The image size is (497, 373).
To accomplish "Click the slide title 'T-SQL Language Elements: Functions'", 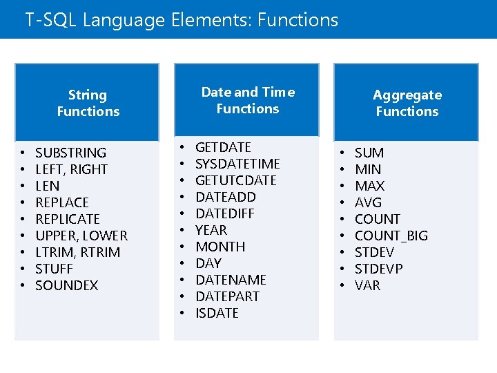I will click(x=182, y=20).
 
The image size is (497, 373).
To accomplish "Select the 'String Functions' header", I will click(x=88, y=103).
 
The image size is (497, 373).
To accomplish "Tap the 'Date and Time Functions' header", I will click(x=247, y=100).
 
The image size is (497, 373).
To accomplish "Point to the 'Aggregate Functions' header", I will click(x=407, y=103).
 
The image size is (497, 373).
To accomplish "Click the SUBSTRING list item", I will click(x=70, y=153).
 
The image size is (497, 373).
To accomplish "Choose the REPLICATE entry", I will click(x=67, y=219).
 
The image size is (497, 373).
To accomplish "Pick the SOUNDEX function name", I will click(x=66, y=285).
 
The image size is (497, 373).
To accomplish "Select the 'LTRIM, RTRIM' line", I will click(x=77, y=252).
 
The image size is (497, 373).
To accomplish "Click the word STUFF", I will click(x=54, y=269).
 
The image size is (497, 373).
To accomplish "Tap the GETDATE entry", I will click(x=223, y=147).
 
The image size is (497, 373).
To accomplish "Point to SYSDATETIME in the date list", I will click(x=237, y=164).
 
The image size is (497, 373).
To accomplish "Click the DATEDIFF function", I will click(x=224, y=213).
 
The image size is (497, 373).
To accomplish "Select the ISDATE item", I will click(x=217, y=313).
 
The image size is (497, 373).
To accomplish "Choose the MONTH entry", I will click(x=220, y=247).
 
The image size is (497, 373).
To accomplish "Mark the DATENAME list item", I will click(x=231, y=280).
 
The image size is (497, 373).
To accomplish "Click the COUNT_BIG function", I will click(x=391, y=236).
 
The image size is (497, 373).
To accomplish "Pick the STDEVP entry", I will click(x=378, y=269).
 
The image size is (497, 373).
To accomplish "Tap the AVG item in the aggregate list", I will click(x=368, y=202).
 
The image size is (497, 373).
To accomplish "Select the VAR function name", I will click(x=367, y=285).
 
